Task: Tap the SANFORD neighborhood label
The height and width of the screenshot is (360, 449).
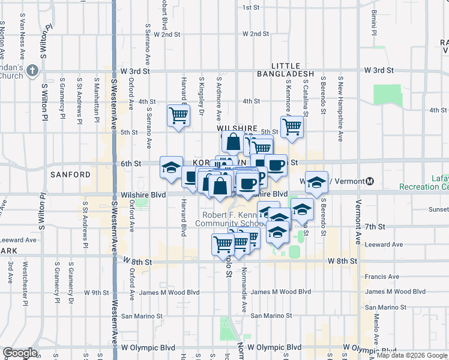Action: pyautogui.click(x=70, y=175)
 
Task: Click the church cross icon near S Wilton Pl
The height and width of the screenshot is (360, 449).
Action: pyautogui.click(x=32, y=71)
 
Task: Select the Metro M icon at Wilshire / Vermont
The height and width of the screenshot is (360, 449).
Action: pyautogui.click(x=370, y=181)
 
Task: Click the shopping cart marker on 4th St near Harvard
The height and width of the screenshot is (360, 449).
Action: pyautogui.click(x=178, y=115)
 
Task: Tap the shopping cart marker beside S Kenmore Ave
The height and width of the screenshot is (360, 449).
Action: pyautogui.click(x=292, y=127)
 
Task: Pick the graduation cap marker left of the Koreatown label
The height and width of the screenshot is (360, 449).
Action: pyautogui.click(x=171, y=167)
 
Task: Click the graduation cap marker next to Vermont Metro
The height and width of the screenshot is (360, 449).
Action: pyautogui.click(x=315, y=183)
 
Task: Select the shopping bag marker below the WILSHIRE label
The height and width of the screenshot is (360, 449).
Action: pyautogui.click(x=233, y=142)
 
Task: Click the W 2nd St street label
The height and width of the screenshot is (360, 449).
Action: pyautogui.click(x=167, y=34)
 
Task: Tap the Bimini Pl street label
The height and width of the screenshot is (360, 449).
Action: pyautogui.click(x=373, y=22)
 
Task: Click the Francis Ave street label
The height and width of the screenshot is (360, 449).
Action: pyautogui.click(x=381, y=277)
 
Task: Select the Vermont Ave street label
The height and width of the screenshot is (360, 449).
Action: pyautogui.click(x=358, y=222)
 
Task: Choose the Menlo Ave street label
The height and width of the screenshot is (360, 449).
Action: pyautogui.click(x=376, y=329)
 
